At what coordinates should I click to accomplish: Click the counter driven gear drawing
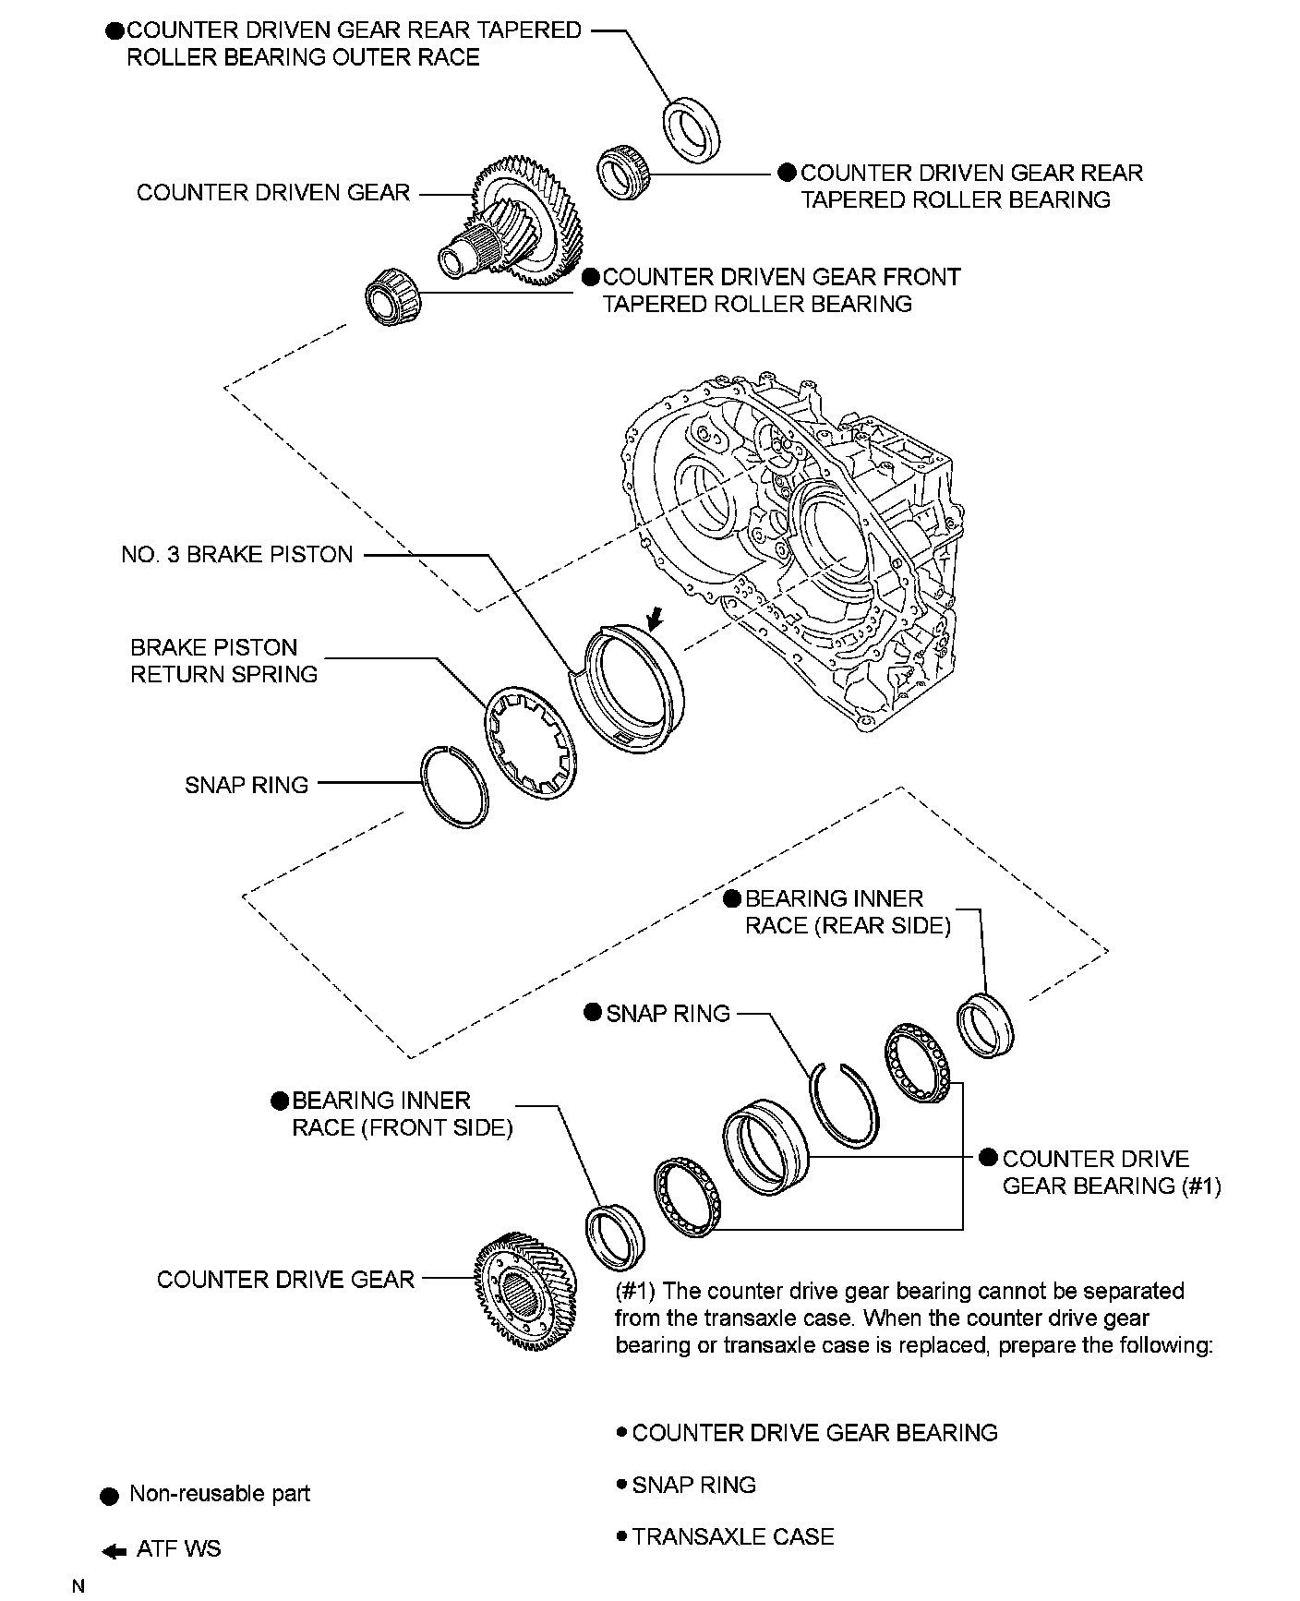522,226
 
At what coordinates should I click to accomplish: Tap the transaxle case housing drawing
794,545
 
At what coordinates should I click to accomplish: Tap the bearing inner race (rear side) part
987,1024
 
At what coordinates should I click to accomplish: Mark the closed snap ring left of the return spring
453,787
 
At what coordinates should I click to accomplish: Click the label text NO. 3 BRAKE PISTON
237,555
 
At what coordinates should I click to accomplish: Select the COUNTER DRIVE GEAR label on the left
285,1280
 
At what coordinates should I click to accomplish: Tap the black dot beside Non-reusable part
109,1496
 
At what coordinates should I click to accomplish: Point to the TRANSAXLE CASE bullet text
732,1537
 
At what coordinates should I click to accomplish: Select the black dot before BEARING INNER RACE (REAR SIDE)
732,899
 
